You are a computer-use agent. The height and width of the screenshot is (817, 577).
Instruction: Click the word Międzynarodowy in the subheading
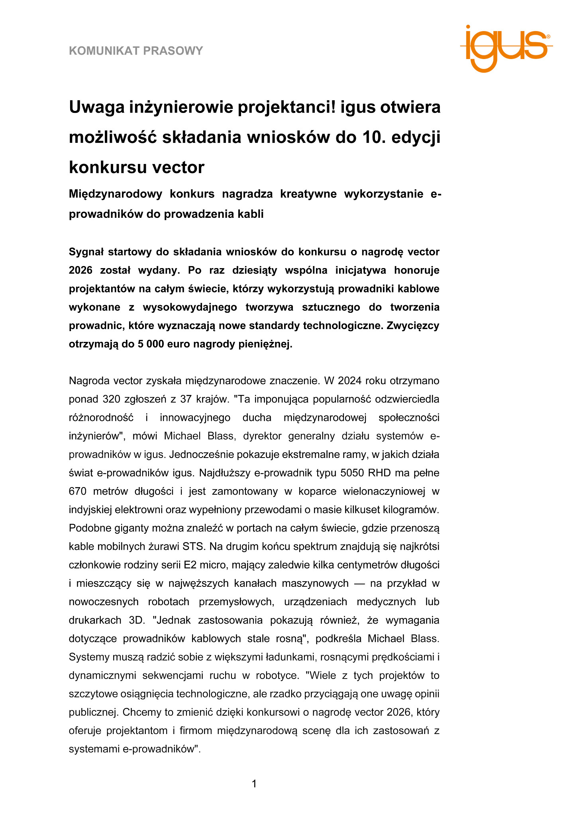coord(116,194)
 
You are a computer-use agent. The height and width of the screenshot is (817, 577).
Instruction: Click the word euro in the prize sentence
coord(178,344)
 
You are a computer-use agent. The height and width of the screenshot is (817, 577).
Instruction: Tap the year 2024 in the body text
coord(349,381)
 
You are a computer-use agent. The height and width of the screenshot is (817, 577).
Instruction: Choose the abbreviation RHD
coord(381,473)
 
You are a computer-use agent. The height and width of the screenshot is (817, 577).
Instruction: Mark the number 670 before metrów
coord(77,491)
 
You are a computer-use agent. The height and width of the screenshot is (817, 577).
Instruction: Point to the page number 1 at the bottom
coord(254,784)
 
